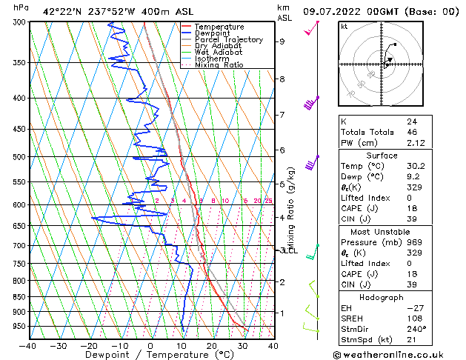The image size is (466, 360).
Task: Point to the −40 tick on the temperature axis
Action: click(x=28, y=345)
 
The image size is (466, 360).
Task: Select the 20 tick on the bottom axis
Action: click(x=211, y=345)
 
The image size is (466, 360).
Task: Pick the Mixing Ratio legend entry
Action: click(x=219, y=65)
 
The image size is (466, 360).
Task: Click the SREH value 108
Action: click(x=413, y=319)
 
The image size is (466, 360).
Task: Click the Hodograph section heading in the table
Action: click(x=382, y=297)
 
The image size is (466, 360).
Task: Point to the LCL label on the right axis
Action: click(x=287, y=250)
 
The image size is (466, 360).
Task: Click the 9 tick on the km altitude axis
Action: click(x=282, y=41)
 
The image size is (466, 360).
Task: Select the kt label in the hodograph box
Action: click(x=344, y=26)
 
